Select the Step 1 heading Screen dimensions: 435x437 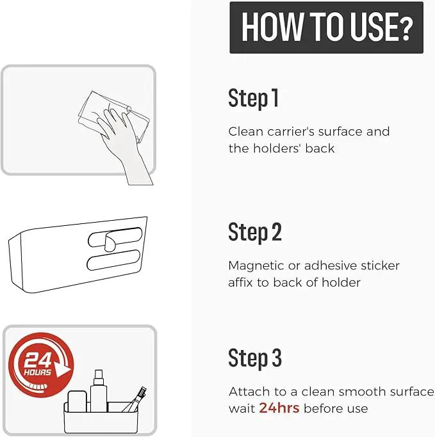(253, 98)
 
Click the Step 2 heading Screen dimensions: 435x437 (255, 232)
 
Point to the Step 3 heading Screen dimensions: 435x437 (255, 358)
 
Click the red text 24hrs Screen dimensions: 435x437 (279, 408)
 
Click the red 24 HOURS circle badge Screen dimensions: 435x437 (41, 365)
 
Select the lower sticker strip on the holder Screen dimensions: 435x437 (113, 260)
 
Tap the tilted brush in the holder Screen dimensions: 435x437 (135, 399)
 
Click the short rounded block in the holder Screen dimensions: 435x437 (78, 401)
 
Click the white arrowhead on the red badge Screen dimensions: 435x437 (62, 369)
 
